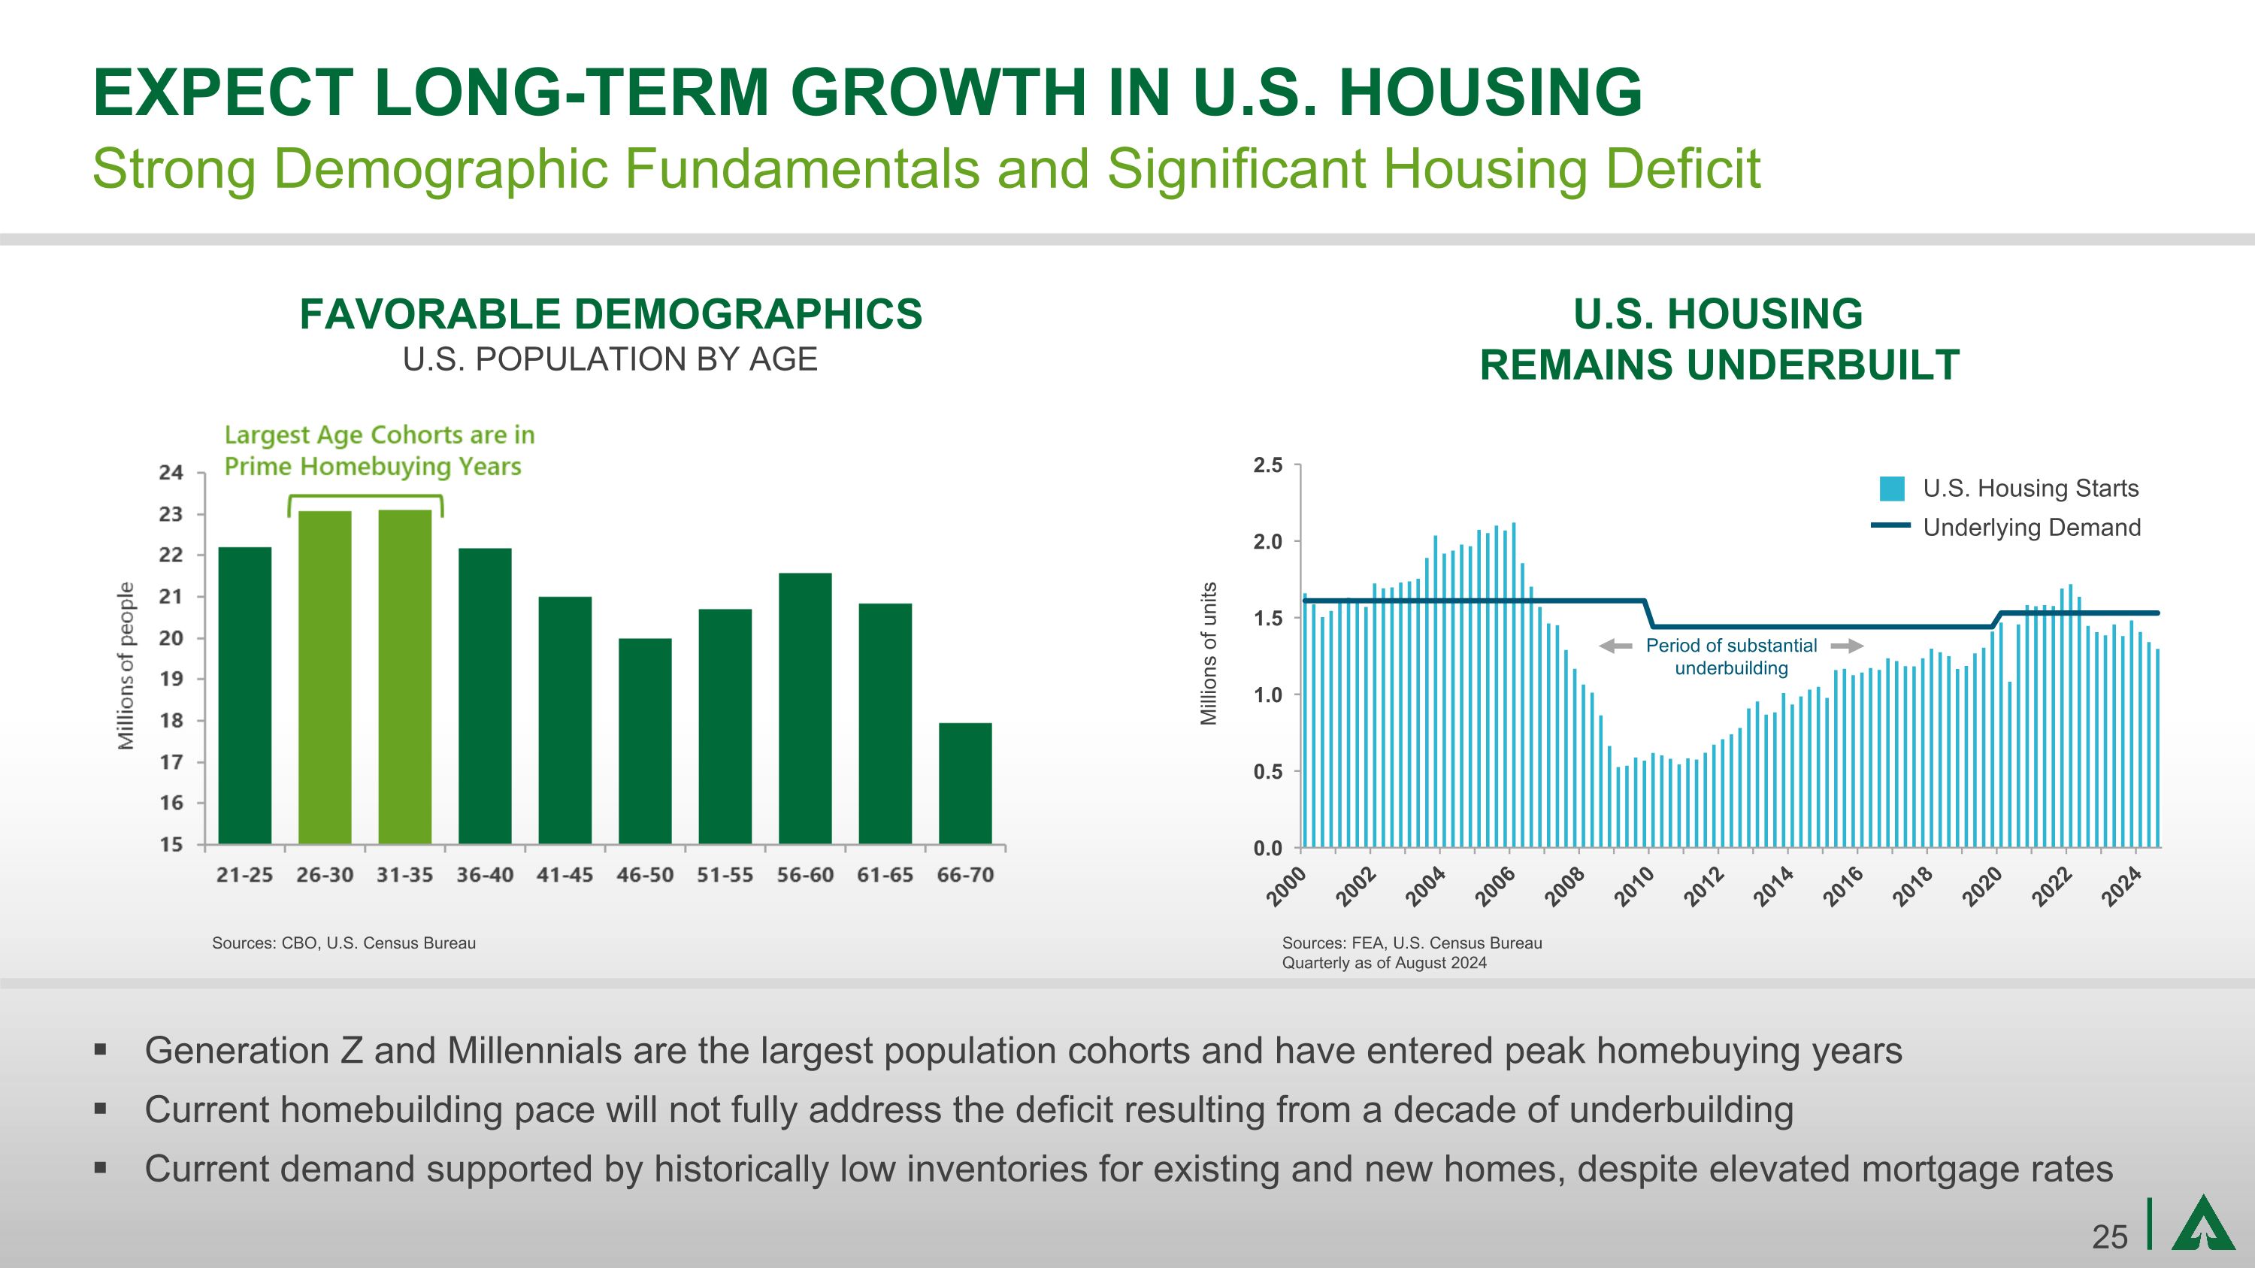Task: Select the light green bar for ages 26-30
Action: tap(325, 677)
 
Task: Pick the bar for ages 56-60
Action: tap(805, 708)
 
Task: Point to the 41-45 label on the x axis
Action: tap(565, 875)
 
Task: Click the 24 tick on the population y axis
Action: tap(171, 474)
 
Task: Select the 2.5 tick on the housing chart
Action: tap(1267, 465)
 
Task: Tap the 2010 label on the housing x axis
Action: tap(1633, 886)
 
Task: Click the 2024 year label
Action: tap(2122, 886)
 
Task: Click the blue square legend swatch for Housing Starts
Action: tap(1892, 489)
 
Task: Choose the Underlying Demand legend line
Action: tap(1890, 526)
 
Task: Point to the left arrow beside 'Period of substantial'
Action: tap(1616, 646)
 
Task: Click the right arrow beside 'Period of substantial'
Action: tap(1846, 646)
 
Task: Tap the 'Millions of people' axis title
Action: tap(127, 665)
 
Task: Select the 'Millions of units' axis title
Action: tap(1209, 654)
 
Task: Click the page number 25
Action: tap(2109, 1237)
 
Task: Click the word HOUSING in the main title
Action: tap(1490, 92)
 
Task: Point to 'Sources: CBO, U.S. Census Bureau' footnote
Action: tap(344, 943)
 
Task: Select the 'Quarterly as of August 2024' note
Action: tap(1384, 964)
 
